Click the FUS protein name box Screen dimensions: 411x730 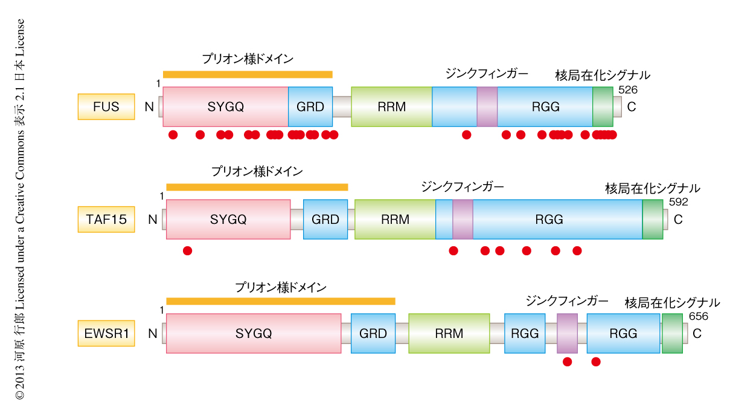(x=106, y=107)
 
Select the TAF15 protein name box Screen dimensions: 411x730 (x=106, y=219)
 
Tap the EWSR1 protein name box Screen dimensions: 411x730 (x=106, y=333)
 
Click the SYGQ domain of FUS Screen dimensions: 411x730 (x=225, y=107)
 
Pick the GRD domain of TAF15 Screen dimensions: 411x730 (x=325, y=219)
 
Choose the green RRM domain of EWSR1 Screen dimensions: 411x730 (x=449, y=333)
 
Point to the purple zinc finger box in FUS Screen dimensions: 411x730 (x=487, y=107)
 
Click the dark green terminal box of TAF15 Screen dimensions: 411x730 (x=652, y=219)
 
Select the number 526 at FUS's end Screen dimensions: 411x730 (x=627, y=90)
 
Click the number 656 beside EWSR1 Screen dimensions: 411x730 (x=697, y=316)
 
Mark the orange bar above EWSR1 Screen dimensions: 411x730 (x=280, y=301)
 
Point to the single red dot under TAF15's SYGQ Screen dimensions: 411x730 (x=187, y=250)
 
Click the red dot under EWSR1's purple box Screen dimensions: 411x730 (x=567, y=362)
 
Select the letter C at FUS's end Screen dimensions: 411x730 (x=632, y=107)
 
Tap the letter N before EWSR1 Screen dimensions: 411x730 (x=152, y=333)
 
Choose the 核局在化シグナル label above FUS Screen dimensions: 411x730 (x=602, y=75)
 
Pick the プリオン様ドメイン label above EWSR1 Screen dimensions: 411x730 (x=281, y=287)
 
